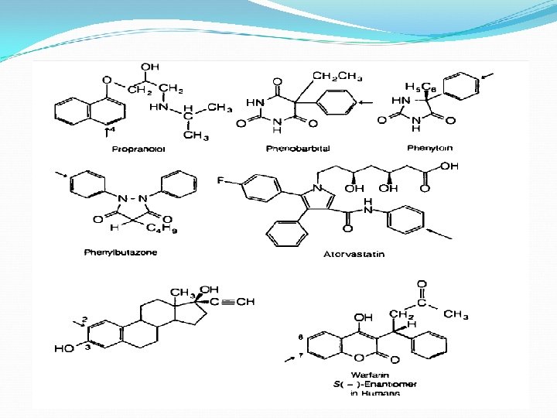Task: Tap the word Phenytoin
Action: (429, 148)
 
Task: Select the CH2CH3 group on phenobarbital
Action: (337, 75)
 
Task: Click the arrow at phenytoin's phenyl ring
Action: (487, 76)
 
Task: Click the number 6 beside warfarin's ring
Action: (301, 337)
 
